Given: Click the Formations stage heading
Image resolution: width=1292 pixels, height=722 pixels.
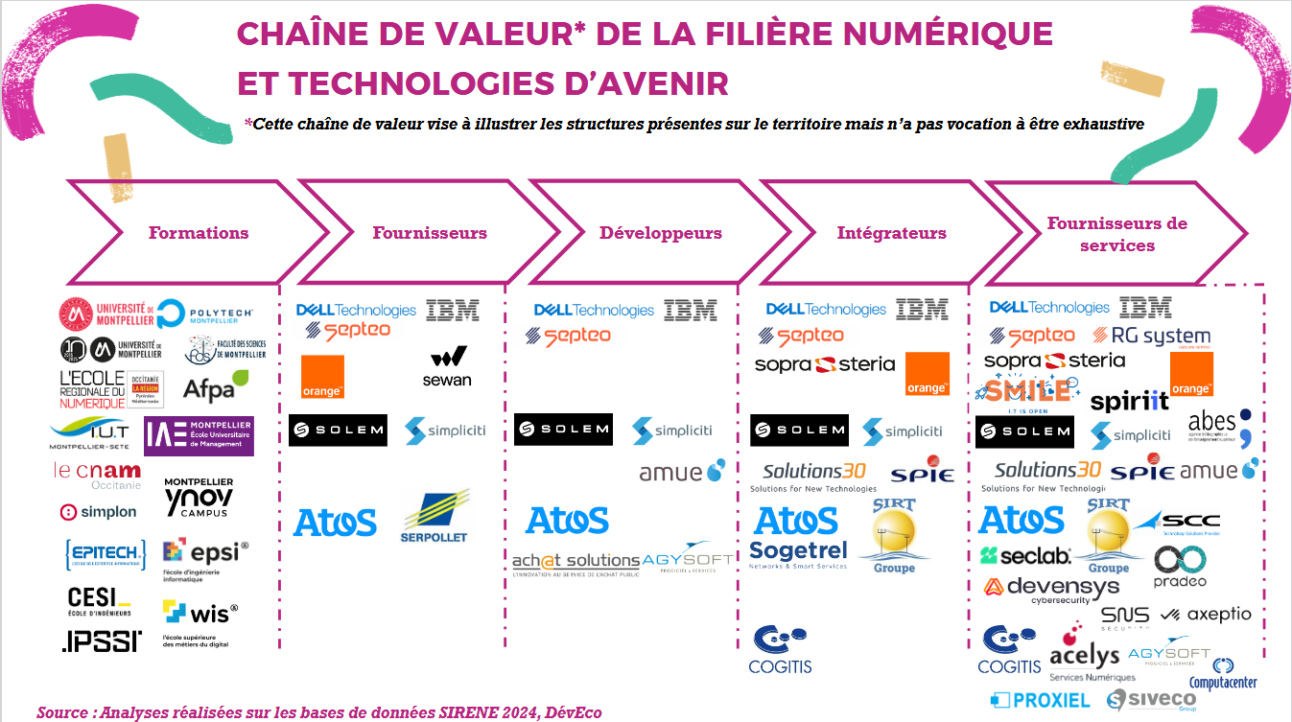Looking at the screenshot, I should pos(199,233).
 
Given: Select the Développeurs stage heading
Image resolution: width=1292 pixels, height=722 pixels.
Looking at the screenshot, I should pos(660,233).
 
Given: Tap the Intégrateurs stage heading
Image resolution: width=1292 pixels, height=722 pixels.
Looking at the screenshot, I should pos(891,233).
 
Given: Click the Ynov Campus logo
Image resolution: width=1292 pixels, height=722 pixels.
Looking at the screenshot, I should pos(199,497).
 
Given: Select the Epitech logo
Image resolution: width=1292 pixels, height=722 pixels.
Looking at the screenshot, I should pos(106,553).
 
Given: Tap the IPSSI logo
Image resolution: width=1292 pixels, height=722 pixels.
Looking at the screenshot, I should pos(101,640).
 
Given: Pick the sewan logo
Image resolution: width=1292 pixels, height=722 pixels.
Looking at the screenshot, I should pos(447,368).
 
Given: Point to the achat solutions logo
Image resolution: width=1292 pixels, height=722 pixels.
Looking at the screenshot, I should pos(576,563).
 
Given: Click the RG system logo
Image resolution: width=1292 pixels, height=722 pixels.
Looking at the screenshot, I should pos(1152,337).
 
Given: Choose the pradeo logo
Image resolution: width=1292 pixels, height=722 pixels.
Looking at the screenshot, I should pos(1180,566).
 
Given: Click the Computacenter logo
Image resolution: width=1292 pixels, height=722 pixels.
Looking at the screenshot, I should pos(1222,675).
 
